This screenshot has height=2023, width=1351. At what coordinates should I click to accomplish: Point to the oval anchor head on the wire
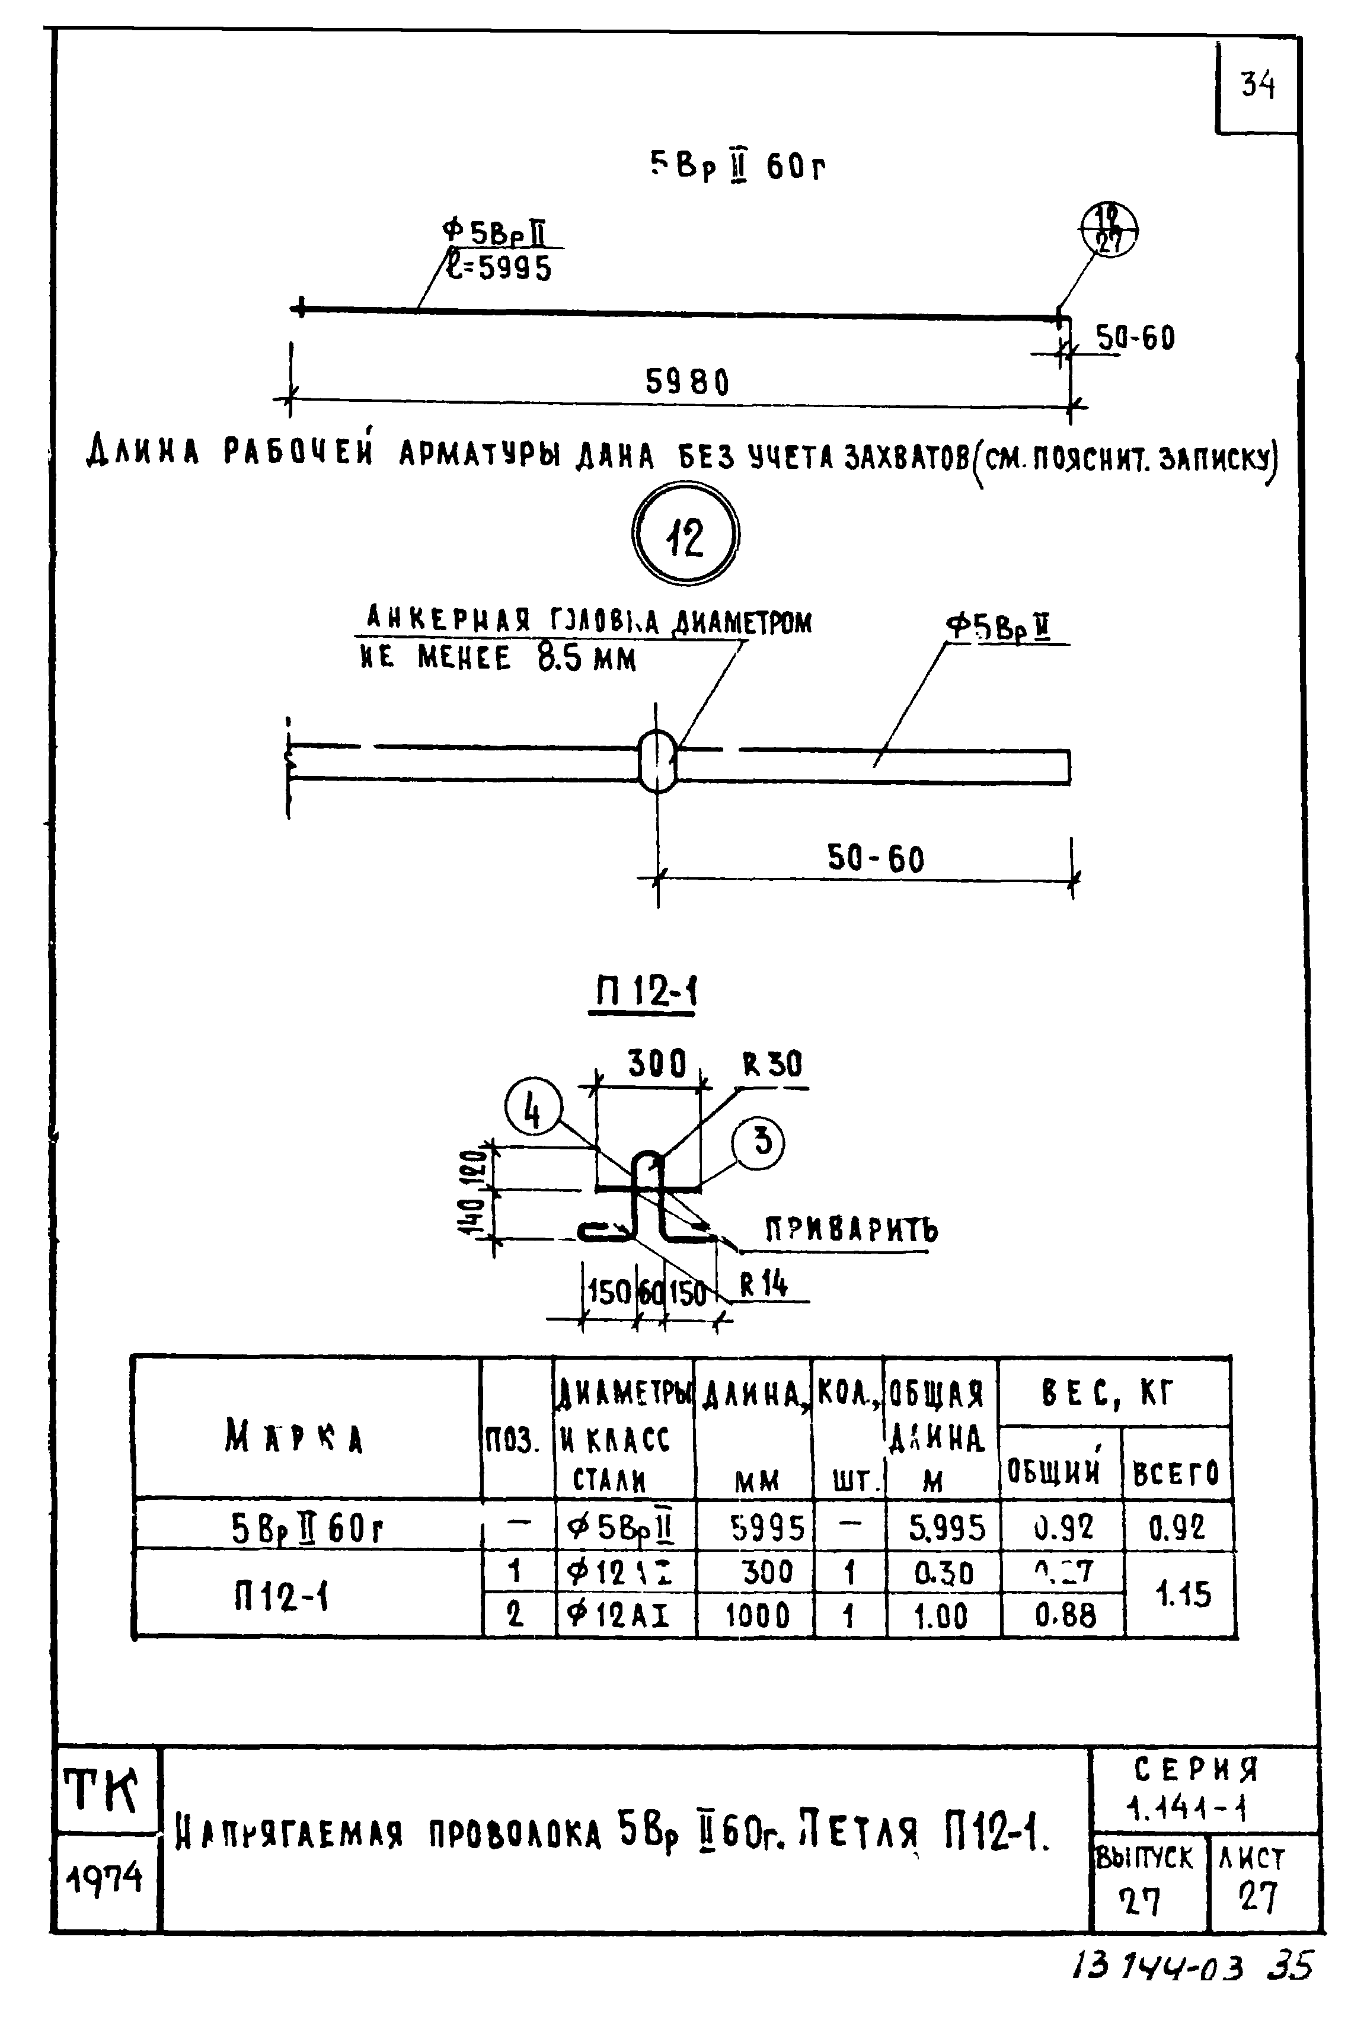coord(658,760)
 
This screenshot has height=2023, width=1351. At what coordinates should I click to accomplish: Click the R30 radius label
coord(772,1066)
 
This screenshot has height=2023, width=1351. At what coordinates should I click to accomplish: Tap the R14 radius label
coord(764,1284)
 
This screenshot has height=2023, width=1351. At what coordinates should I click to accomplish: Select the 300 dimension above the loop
coord(657,1064)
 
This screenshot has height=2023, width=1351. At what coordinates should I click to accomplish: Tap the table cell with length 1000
coord(756,1615)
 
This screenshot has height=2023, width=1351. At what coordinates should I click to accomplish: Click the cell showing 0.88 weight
coord(1065,1615)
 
